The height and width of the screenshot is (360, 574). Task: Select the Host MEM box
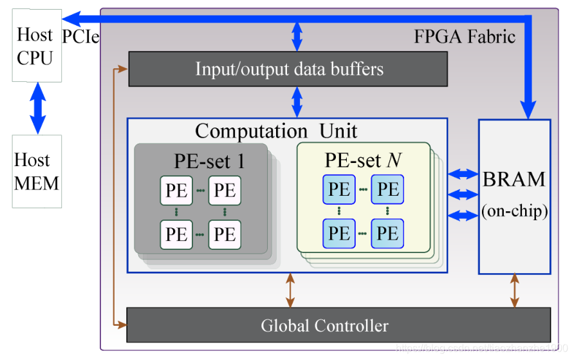point(37,171)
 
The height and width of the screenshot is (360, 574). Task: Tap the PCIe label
point(80,37)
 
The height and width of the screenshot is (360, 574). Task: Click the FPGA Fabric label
point(464,36)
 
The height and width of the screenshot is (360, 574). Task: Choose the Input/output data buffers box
point(288,69)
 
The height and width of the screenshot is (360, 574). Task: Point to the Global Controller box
point(324,325)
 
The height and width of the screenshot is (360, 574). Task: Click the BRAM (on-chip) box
point(514,196)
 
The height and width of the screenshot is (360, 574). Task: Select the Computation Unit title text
point(276,131)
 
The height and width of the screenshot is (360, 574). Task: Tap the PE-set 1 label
point(209,160)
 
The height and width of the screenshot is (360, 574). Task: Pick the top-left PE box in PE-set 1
point(176,191)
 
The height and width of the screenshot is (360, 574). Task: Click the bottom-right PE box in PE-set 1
point(225,234)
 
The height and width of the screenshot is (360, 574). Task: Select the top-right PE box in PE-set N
point(387,190)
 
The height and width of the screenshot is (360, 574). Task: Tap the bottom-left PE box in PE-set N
point(339,233)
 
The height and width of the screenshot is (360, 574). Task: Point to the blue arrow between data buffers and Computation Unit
point(297,102)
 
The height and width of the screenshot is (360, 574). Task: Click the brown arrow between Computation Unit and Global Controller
point(291,290)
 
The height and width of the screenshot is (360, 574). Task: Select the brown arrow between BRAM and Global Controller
point(515,290)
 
